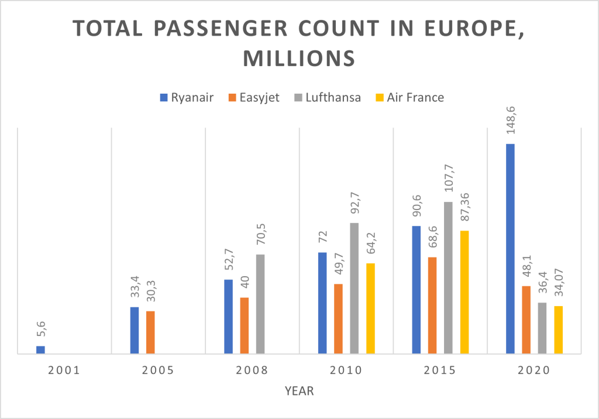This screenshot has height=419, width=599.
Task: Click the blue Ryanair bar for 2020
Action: [x=510, y=249]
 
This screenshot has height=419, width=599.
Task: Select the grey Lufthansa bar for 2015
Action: [x=448, y=278]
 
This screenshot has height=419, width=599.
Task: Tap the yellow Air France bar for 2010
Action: [x=370, y=308]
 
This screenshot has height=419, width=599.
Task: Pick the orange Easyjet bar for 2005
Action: [x=150, y=332]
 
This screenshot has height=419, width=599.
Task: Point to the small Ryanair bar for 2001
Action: [x=40, y=350]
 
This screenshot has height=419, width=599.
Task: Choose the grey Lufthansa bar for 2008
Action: [x=260, y=304]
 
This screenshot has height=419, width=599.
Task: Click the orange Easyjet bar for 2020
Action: [x=526, y=320]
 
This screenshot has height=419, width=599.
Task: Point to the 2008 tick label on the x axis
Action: [x=252, y=370]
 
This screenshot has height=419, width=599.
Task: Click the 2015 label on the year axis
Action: [x=440, y=370]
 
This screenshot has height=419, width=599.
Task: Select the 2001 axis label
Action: [x=64, y=370]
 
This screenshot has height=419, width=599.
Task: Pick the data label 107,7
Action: [x=448, y=181]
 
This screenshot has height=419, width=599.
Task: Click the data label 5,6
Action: [x=41, y=332]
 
